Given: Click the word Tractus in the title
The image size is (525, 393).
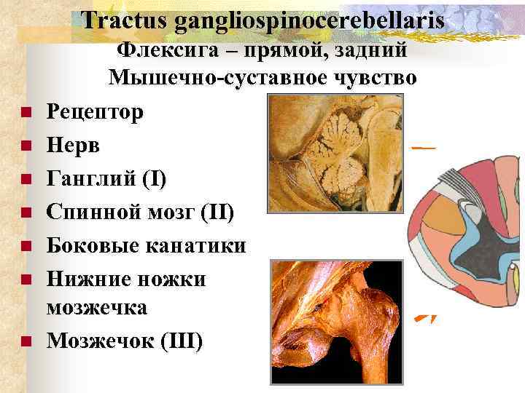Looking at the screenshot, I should pos(124,20).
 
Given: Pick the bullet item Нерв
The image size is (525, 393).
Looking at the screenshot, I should pos(74,146).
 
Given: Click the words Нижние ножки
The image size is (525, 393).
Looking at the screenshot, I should pos(126,279).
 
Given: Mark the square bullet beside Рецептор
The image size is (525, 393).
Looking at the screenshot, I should pos(24,113).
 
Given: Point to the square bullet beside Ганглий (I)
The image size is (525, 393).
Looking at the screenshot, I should pos(24,180).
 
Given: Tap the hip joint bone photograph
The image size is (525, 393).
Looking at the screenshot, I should pos(336,317).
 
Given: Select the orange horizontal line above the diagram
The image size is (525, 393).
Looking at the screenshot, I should pos(424,148).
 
